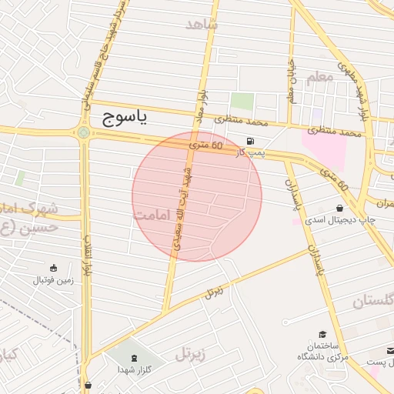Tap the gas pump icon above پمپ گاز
(250, 141)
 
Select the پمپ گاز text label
(250, 152)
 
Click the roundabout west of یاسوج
(83, 132)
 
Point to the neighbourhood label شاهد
(202, 24)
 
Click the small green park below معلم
(242, 101)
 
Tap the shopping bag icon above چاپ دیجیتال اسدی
(340, 209)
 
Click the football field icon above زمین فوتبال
(53, 268)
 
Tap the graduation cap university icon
(322, 333)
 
